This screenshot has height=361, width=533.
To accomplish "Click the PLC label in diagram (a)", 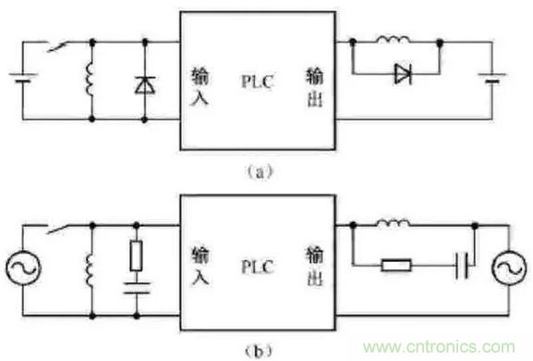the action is coord(257,81).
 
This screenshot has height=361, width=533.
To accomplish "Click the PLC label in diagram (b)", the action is coord(257,267).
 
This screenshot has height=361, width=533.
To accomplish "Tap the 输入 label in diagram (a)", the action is coord(200,87).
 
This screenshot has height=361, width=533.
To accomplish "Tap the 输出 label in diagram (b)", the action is coord(315,267).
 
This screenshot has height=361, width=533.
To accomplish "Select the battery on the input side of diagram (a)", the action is coord(23,78).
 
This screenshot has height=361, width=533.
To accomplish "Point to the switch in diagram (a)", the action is coord(57,46).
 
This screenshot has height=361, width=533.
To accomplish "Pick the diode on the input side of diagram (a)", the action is coord(145,85).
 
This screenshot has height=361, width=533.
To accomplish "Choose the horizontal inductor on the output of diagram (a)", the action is coord(393,39).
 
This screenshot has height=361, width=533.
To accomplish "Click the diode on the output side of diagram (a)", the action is coord(403,74).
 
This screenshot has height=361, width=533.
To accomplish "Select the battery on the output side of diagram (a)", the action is coord(491,78).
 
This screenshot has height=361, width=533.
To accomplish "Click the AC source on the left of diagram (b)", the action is coord(23,268).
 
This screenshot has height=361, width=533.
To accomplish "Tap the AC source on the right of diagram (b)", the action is coord(509,268).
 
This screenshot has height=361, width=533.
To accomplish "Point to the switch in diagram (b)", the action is coord(57,229).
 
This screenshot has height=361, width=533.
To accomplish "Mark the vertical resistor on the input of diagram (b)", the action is coord(137,255).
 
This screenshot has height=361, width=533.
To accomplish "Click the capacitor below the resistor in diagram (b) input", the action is coord(137,288).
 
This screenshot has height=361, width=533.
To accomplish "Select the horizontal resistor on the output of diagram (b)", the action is coord(396,265).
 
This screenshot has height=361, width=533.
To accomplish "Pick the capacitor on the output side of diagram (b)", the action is coord(462,266).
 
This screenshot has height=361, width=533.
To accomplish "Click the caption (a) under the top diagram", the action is coord(259,172).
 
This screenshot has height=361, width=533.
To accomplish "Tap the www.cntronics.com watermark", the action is coord(439,347).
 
